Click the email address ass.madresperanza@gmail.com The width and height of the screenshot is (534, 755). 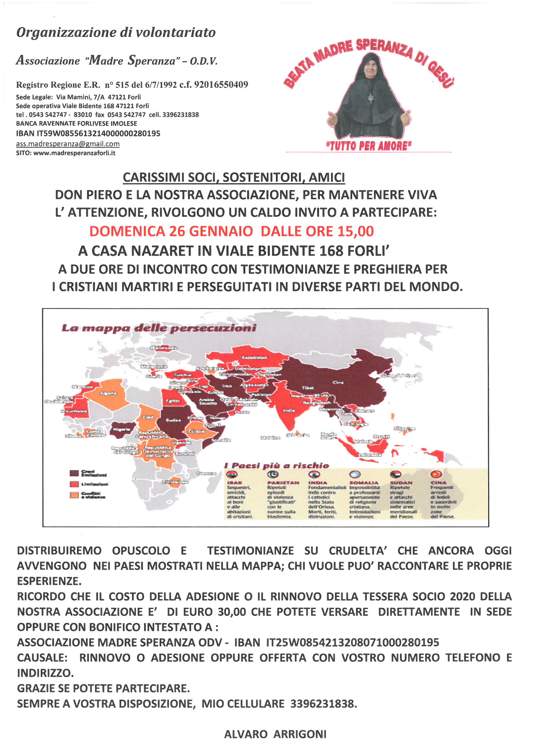pos(68,144)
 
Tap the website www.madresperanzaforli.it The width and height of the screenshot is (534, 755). pos(74,153)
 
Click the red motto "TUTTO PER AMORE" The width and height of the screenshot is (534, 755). pos(369,146)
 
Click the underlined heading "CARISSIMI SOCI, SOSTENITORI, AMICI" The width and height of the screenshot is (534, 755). pos(234,178)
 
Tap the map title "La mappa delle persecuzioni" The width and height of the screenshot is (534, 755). pos(159,328)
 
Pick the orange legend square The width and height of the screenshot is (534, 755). pos(74,495)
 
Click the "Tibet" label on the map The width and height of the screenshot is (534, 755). pos(308,388)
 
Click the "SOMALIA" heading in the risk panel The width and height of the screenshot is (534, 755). pos(364,483)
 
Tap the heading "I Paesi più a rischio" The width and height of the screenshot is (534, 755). pos(277,465)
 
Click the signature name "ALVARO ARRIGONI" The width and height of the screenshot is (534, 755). pos(275,734)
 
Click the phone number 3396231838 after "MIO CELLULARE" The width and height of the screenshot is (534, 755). pos(323,704)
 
